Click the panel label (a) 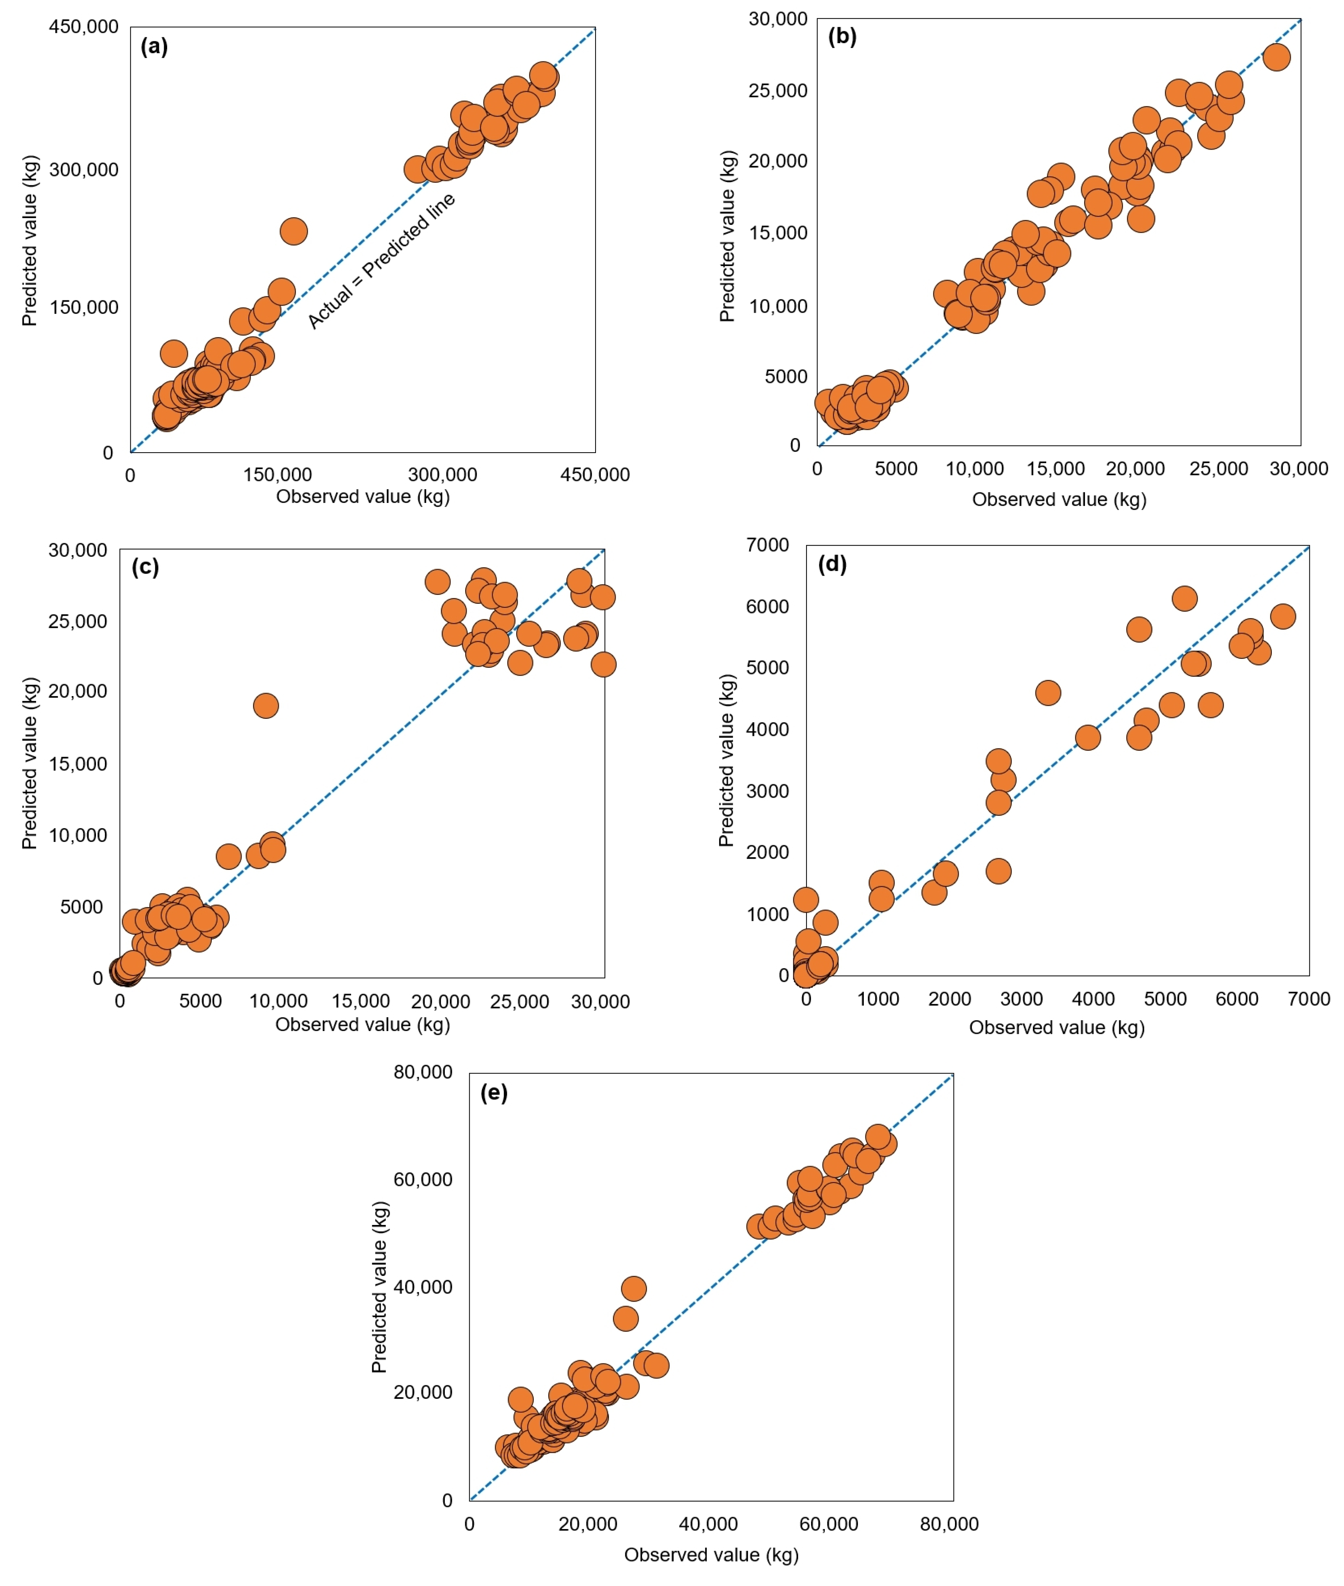click(154, 47)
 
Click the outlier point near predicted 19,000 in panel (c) click(265, 705)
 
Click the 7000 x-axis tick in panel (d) click(1309, 999)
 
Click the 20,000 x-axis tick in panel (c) click(440, 1002)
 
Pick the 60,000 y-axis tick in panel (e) click(423, 1179)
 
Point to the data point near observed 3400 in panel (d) click(1048, 692)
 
